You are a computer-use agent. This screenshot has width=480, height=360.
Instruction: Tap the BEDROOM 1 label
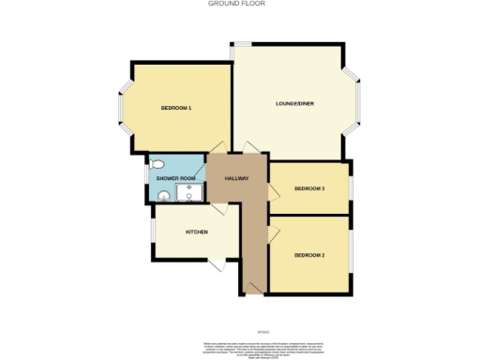(176, 109)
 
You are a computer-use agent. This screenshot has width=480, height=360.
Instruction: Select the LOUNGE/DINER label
(293, 102)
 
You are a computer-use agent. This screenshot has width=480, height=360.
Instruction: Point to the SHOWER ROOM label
(175, 178)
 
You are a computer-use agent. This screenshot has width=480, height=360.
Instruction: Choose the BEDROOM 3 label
(309, 188)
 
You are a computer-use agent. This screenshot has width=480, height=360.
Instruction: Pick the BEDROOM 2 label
(309, 255)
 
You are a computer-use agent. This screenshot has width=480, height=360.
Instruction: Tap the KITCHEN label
(196, 232)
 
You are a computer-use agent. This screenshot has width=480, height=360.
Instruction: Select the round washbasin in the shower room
(164, 196)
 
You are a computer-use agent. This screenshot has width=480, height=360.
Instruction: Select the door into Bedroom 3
(273, 191)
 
